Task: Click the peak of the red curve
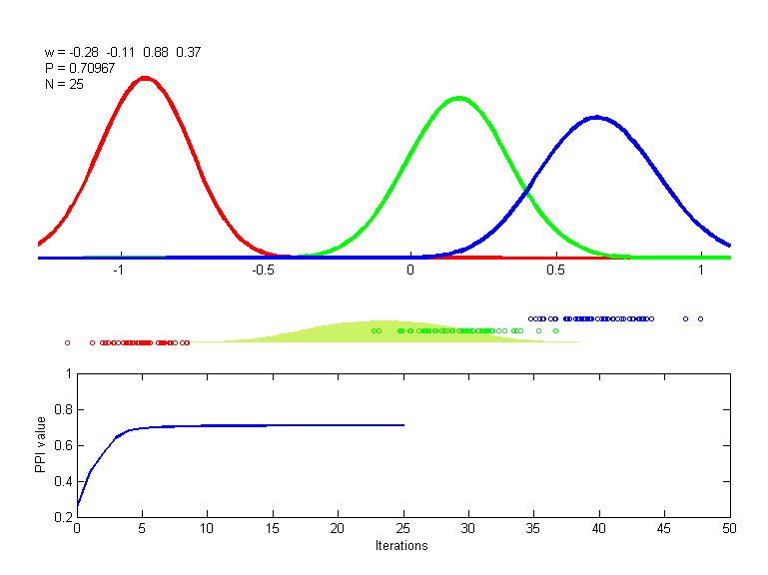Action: [146, 78]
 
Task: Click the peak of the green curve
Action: [458, 98]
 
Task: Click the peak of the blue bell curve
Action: [596, 117]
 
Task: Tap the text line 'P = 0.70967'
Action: [79, 68]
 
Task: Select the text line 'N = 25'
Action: [64, 84]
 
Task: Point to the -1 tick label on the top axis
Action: [118, 270]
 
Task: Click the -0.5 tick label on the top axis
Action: [264, 270]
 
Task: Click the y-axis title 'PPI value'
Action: [41, 445]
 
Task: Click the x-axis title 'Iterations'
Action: [401, 546]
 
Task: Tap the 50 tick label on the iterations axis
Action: [729, 529]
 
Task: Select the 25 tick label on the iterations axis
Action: [402, 529]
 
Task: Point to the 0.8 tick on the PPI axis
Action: [63, 409]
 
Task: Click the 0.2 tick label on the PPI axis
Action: [63, 517]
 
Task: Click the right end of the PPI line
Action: [403, 425]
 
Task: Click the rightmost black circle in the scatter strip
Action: [700, 318]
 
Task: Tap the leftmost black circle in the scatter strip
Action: [67, 342]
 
